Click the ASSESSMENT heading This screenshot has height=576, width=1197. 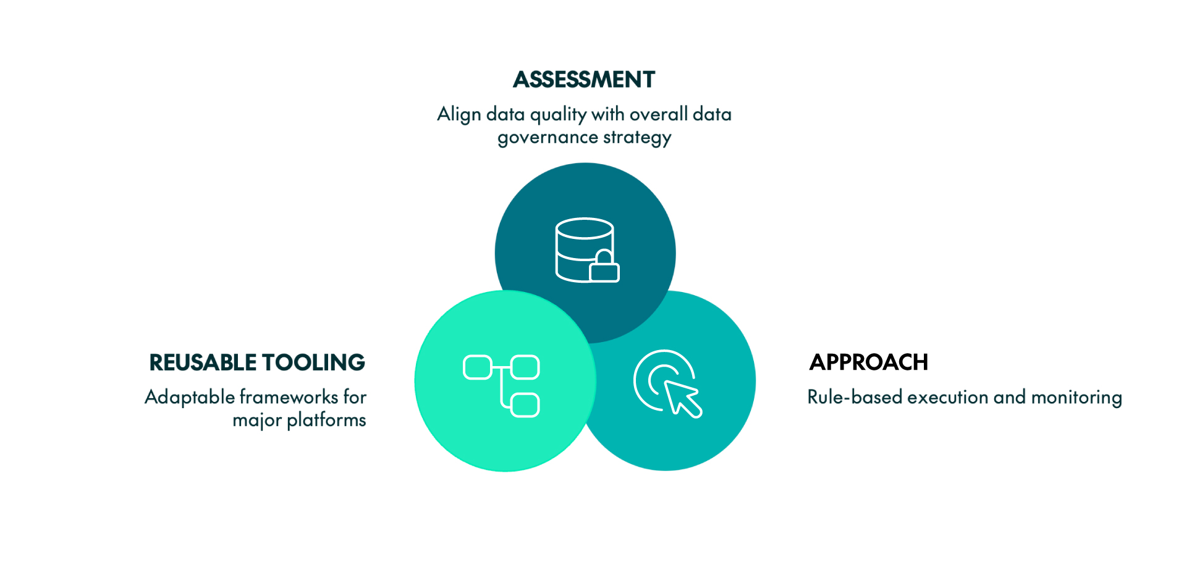[x=583, y=80]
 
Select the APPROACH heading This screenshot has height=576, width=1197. [x=868, y=362]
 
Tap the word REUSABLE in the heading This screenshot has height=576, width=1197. [x=203, y=362]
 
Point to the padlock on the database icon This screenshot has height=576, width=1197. [x=604, y=267]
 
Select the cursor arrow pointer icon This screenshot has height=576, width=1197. [x=682, y=398]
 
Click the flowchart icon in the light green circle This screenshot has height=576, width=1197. [x=501, y=386]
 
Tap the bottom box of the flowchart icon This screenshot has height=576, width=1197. [x=525, y=405]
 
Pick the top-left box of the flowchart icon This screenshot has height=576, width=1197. [x=477, y=367]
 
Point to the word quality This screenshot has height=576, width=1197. [x=558, y=115]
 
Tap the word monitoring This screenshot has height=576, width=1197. [x=1076, y=397]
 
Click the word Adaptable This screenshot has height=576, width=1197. [x=190, y=397]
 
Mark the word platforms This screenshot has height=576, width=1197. [x=326, y=420]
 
